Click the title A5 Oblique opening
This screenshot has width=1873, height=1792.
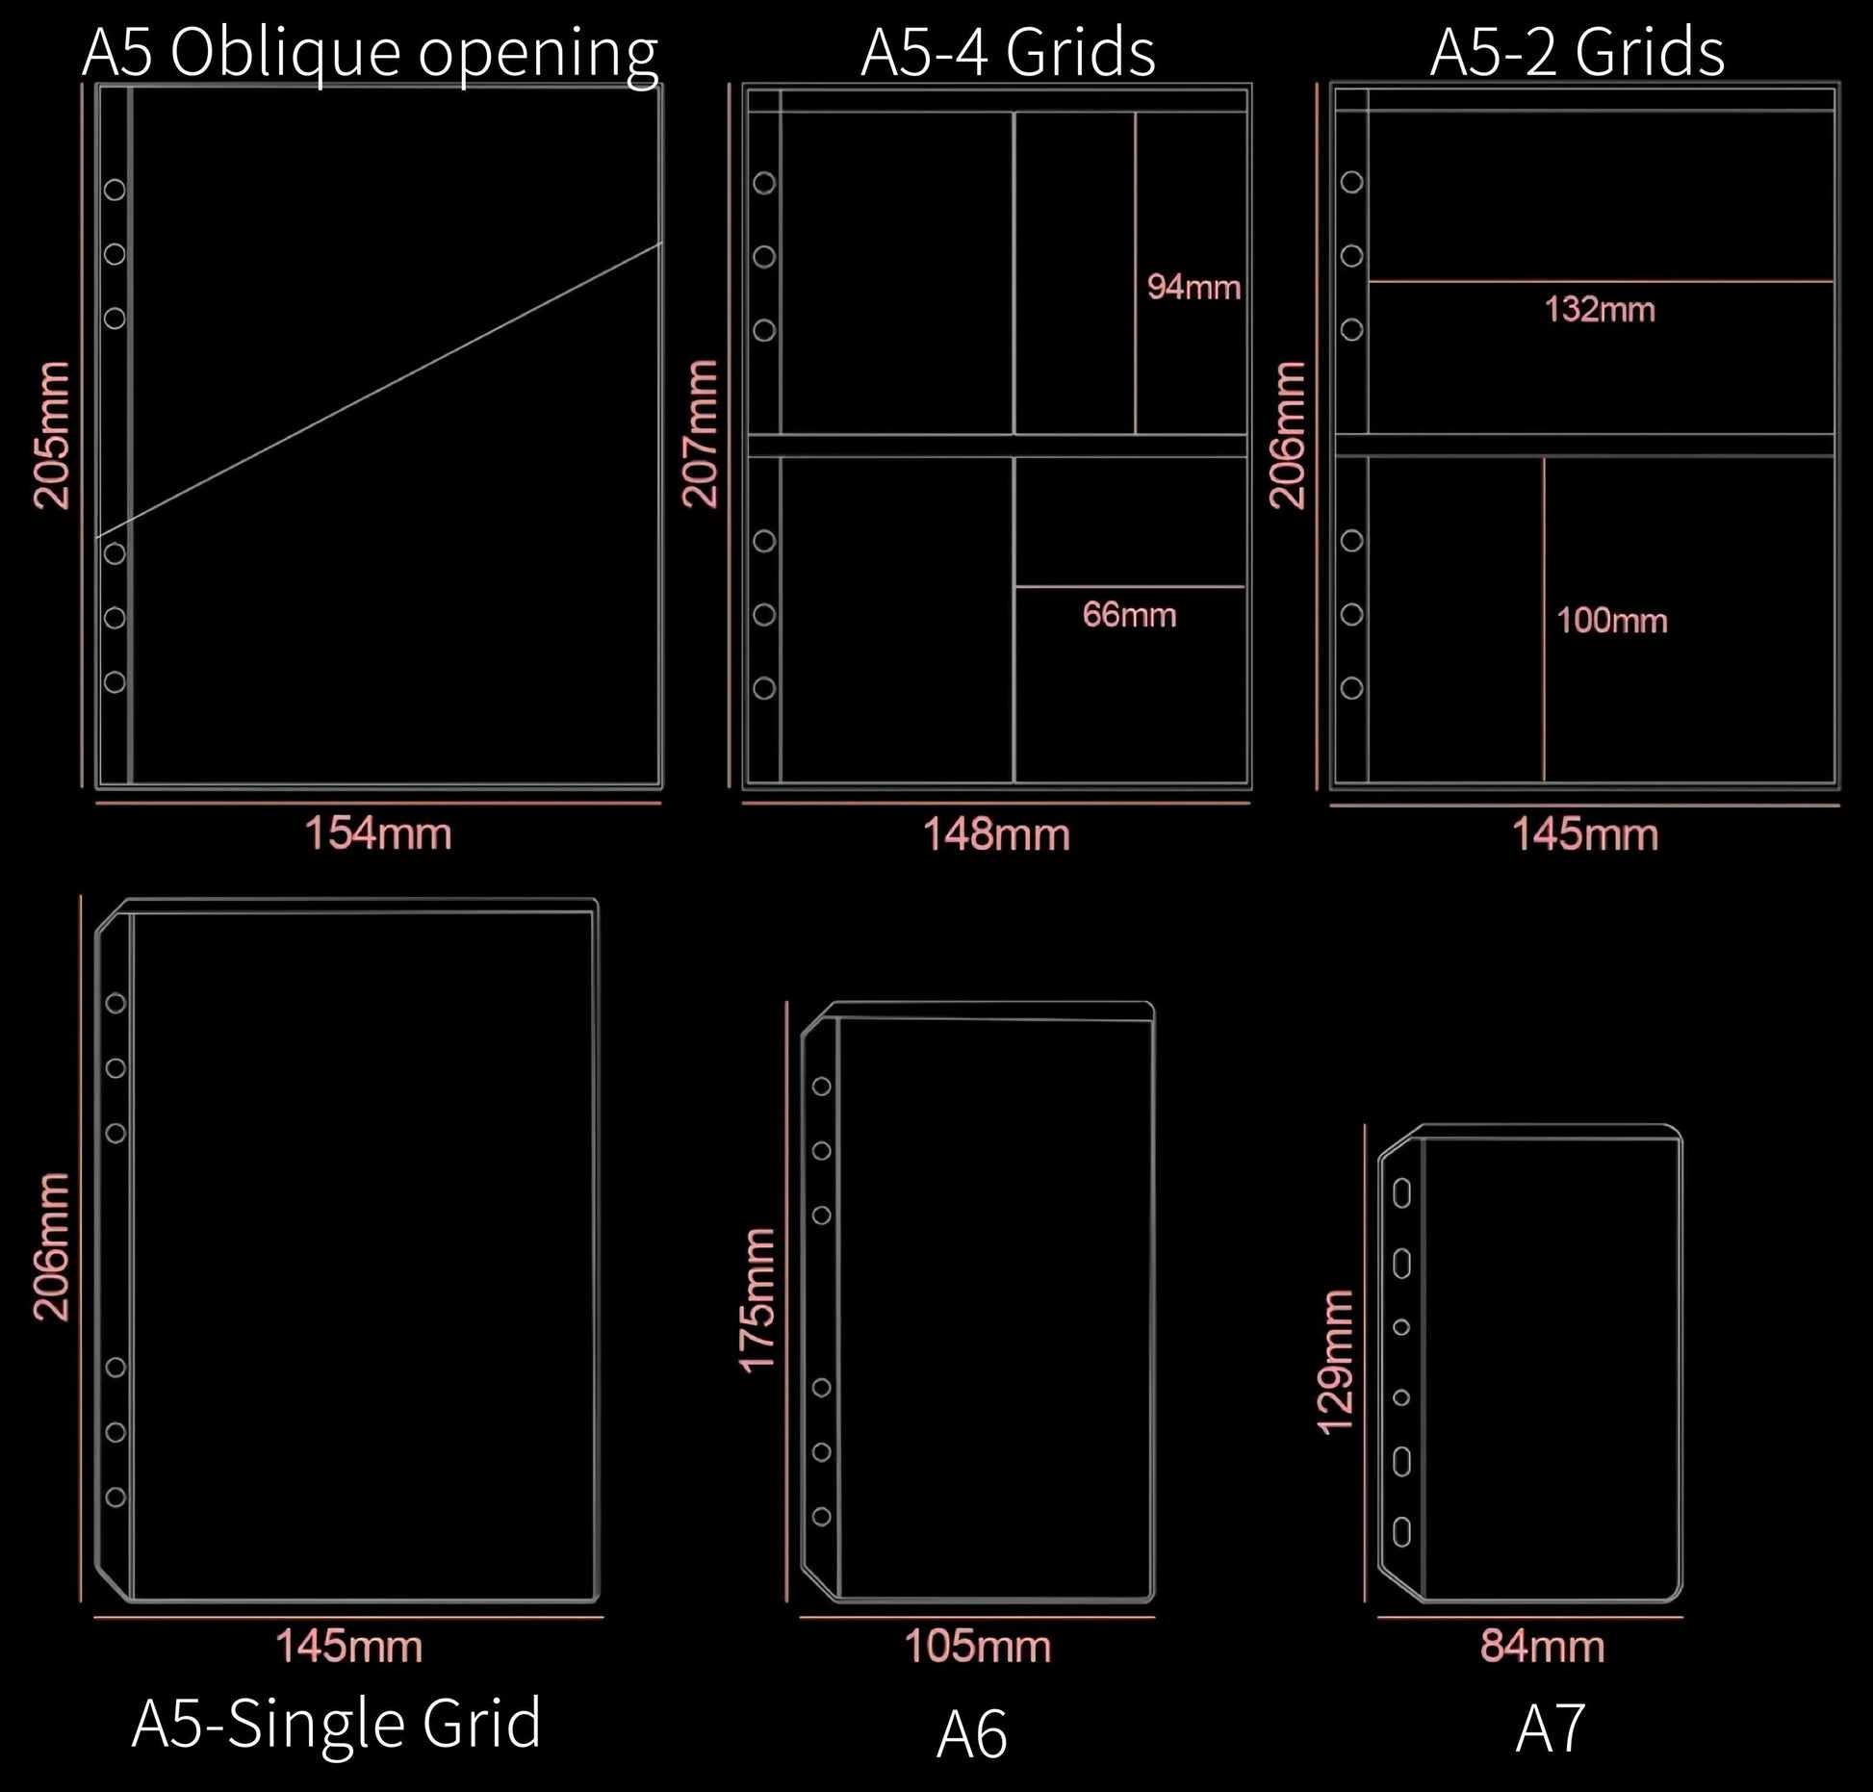371,54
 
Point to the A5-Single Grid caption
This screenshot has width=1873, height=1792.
337,1724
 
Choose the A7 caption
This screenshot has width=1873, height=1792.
1550,1728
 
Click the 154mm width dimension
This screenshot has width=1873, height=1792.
378,832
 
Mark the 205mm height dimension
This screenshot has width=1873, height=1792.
52,435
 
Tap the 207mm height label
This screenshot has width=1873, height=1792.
701,433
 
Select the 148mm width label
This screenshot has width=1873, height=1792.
997,834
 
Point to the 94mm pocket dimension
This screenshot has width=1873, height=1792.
1194,288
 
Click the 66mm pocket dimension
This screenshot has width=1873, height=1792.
1130,615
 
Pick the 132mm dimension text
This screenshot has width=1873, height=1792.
1601,310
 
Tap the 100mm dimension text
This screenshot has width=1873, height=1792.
1612,621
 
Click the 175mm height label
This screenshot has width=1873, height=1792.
757,1298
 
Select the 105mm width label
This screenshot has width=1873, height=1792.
978,1647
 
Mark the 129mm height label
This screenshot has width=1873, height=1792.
1336,1363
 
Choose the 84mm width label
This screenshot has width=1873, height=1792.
1543,1647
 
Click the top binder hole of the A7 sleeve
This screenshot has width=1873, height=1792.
1402,1193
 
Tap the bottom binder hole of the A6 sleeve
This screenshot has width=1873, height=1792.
822,1517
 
